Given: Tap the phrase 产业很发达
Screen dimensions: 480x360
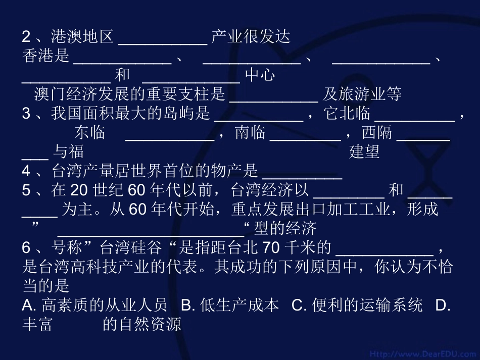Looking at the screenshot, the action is click(251, 36).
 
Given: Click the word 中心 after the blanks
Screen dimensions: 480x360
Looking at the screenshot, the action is click(260, 75).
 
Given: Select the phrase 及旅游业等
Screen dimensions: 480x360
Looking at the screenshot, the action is click(362, 94).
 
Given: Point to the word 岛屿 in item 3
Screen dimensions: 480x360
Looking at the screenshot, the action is click(195, 114).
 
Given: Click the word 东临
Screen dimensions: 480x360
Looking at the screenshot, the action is click(90, 133).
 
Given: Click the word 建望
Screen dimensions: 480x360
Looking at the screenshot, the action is click(364, 152).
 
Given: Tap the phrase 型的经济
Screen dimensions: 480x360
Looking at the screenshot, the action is click(285, 229).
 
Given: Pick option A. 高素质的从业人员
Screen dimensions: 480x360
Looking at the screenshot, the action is click(94, 305).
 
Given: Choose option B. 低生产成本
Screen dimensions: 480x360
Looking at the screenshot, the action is click(230, 305).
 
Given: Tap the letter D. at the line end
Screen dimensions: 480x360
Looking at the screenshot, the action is click(443, 305).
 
